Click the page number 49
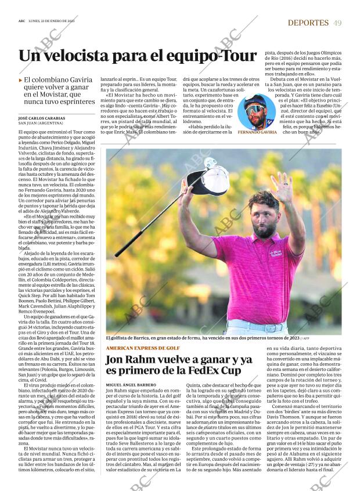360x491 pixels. click(337, 23)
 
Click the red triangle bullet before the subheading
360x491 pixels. click(20, 80)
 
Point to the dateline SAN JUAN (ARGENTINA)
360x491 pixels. click(42, 123)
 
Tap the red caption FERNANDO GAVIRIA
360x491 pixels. click(257, 132)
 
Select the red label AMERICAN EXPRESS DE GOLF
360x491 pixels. click(139, 348)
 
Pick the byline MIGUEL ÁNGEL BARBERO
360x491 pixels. click(131, 385)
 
